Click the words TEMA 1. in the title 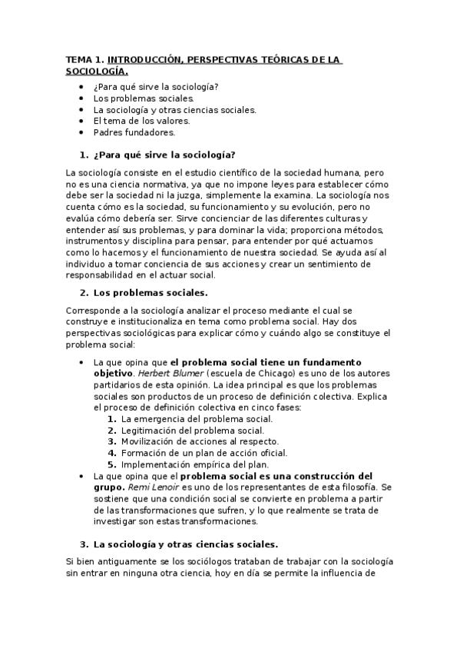click(84, 59)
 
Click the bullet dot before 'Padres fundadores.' click(82, 132)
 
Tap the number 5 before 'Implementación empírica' click(111, 464)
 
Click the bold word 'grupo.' click(108, 487)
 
